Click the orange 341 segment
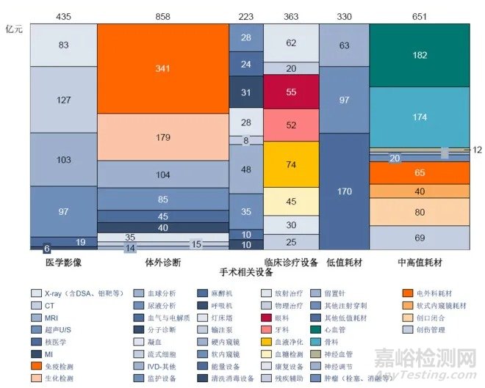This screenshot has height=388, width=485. (x=162, y=69)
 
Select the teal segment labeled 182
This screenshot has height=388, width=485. (x=419, y=56)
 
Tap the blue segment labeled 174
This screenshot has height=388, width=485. (x=419, y=117)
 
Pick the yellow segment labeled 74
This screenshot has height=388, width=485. (x=291, y=165)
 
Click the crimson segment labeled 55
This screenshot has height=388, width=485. (x=291, y=92)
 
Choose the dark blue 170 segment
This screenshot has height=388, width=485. (x=344, y=192)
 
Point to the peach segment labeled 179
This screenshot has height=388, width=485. (x=162, y=137)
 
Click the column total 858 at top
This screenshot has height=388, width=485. (x=162, y=15)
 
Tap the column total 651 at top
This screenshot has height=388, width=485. (x=419, y=15)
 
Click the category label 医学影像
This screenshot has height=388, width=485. (x=63, y=261)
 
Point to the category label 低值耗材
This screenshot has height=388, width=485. (x=344, y=261)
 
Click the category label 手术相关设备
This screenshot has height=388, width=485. (x=245, y=271)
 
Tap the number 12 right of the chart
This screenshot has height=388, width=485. (x=478, y=150)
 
